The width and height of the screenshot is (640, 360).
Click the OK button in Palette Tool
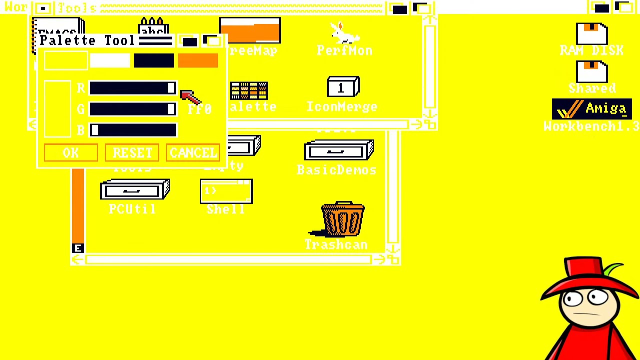(70, 153)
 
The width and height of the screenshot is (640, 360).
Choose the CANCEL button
(193, 153)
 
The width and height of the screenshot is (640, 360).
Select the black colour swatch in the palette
(154, 60)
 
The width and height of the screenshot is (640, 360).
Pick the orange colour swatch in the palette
(198, 60)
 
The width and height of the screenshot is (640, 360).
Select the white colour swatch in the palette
(110, 60)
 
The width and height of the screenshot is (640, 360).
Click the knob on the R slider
(171, 88)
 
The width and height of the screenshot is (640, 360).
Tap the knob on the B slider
(94, 130)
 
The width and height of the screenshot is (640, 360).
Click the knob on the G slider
(171, 109)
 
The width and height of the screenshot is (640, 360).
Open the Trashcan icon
(342, 220)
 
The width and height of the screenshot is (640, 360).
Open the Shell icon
(226, 192)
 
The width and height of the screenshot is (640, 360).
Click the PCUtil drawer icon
(135, 191)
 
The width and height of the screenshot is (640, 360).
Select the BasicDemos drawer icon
(338, 150)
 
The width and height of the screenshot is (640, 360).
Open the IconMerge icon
(342, 87)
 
